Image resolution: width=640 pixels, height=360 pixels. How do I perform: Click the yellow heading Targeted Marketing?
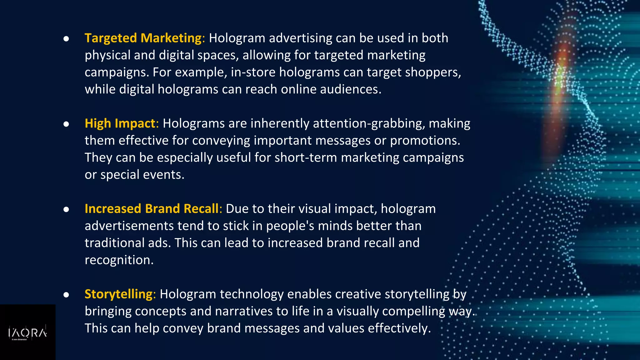point(143,38)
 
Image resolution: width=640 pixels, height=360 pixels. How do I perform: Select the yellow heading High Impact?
point(120,123)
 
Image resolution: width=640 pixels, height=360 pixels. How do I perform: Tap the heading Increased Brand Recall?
point(152,209)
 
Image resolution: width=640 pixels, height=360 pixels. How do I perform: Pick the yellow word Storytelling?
point(118,294)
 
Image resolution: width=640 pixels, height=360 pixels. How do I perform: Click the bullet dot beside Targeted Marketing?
point(66,39)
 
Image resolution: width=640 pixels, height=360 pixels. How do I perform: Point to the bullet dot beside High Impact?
point(66,124)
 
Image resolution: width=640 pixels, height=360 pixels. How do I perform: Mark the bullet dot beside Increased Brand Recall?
point(66,209)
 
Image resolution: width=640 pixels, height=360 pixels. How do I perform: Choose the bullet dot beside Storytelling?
point(66,295)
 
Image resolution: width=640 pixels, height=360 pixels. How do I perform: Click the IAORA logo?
point(27,333)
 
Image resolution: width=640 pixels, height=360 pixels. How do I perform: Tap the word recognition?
point(119,260)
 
